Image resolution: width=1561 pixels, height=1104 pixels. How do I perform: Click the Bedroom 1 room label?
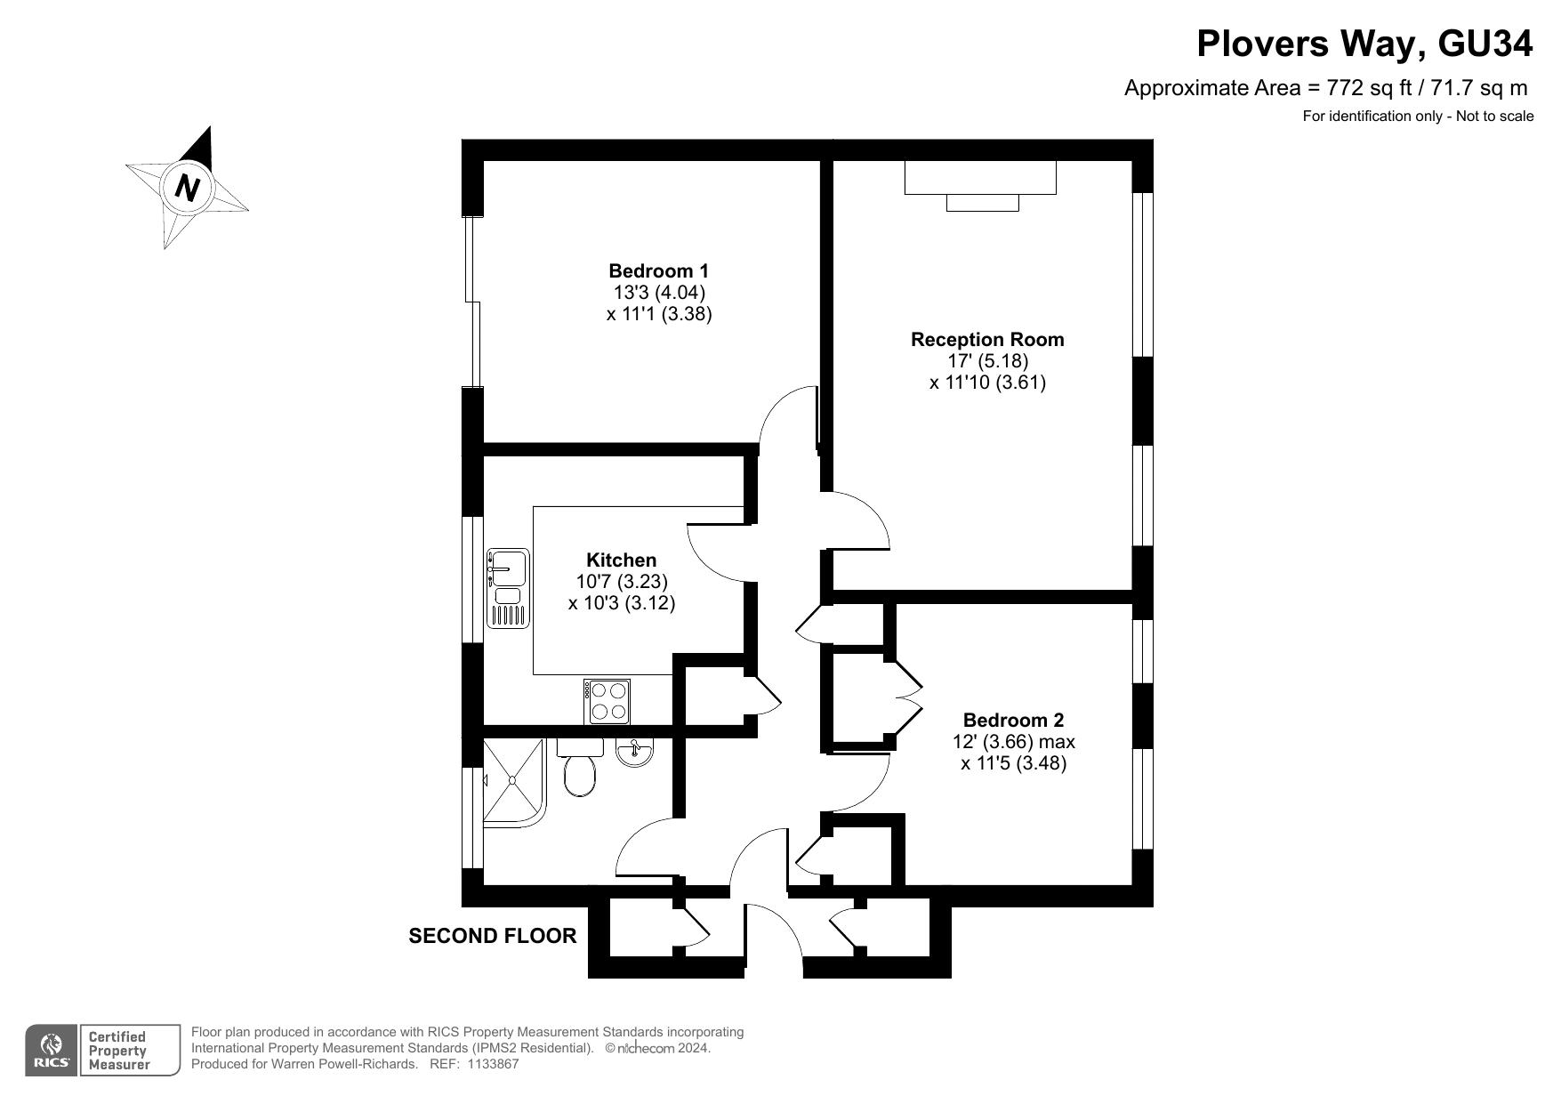[x=658, y=270]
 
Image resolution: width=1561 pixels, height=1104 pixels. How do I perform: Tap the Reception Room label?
[x=987, y=339]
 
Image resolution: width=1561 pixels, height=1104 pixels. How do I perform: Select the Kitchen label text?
[x=621, y=560]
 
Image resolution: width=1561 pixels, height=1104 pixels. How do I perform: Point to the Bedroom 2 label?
[x=1013, y=720]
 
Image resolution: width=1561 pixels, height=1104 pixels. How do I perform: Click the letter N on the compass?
[x=187, y=187]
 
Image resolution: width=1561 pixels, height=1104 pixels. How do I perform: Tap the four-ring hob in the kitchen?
[x=608, y=701]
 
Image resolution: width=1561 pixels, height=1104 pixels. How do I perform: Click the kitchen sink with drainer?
[x=508, y=589]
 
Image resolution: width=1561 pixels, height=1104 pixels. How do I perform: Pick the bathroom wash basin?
[x=635, y=752]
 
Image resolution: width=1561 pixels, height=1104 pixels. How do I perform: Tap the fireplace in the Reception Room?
[x=980, y=185]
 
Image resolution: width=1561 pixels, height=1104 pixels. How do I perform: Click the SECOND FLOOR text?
[x=492, y=936]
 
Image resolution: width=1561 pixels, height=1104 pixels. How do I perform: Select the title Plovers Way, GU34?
[x=1364, y=44]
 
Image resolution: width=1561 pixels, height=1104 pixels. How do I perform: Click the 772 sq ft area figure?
[x=1366, y=88]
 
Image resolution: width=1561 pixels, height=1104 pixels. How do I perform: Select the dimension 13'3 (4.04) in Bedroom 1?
[x=658, y=292]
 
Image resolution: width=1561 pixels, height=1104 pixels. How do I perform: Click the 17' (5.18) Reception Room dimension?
[x=987, y=360]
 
